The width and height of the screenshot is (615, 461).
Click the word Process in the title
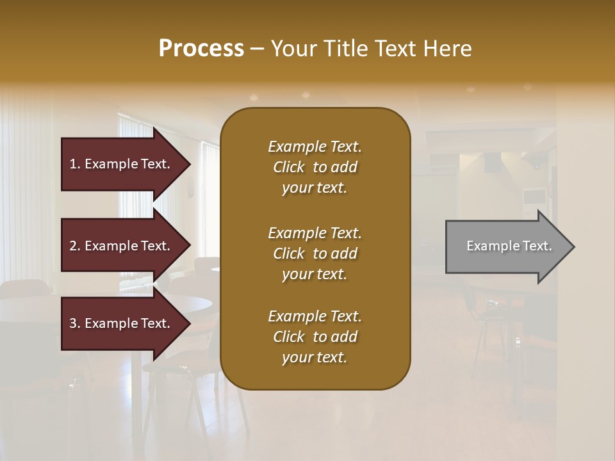pos(201,49)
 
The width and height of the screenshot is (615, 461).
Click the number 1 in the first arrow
pos(73,164)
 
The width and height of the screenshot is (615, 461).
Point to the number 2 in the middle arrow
pos(73,246)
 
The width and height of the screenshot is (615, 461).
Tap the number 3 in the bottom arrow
pos(73,323)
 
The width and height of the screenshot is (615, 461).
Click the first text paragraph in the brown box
pos(315,167)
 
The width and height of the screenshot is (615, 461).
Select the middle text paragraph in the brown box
pos(315,254)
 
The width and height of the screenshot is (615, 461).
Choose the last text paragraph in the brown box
pos(315,337)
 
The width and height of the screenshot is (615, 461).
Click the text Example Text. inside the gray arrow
pos(509,246)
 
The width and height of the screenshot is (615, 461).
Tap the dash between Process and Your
pos(258,49)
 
